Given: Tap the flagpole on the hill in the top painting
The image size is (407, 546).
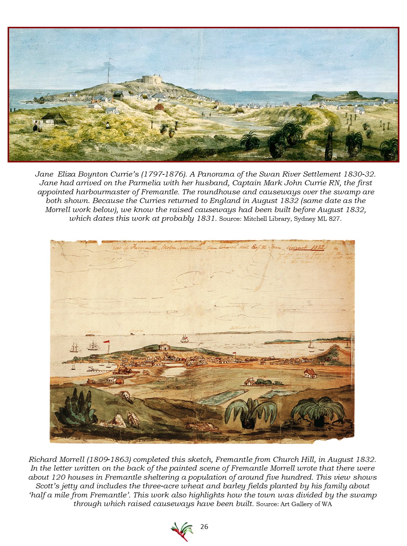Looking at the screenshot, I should [108, 71].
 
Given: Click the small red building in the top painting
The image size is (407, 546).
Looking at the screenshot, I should [159, 107].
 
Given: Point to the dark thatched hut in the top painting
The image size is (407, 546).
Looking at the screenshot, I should [53, 117].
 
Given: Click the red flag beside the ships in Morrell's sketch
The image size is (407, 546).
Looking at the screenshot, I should [107, 342].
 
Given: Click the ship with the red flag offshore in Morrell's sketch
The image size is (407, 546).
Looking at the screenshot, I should [185, 339].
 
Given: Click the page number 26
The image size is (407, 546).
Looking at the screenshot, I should [204, 527].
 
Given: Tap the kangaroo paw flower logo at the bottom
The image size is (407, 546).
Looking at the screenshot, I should [182, 531].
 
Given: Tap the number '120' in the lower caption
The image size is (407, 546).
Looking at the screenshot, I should [58, 477].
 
